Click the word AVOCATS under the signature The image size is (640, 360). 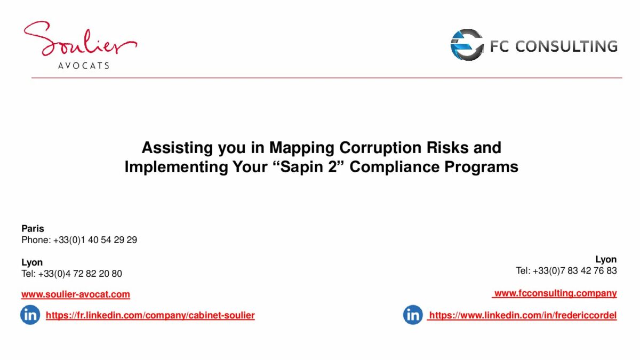pos(84,66)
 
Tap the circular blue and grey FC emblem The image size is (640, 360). pos(467,45)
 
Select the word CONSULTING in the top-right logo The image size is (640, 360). pos(566,46)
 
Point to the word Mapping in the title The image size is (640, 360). pos(301,148)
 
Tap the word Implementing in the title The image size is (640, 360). pos(176,167)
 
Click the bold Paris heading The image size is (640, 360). pos(33,229)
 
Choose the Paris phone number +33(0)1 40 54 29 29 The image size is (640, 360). pos(95,239)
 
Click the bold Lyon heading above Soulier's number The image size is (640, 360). pos(32,262)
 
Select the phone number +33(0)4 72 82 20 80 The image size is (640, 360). pos(80,274)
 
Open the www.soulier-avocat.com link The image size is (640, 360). pos(76,294)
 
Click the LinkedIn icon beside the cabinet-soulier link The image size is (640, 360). pos(30,315)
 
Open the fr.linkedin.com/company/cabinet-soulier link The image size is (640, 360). pos(150,315)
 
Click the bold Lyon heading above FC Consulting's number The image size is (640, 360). pos(606,259)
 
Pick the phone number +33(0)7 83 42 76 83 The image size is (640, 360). pos(575,270)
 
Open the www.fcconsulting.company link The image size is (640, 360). pos(555,293)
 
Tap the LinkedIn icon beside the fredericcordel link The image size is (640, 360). pos(413,315)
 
